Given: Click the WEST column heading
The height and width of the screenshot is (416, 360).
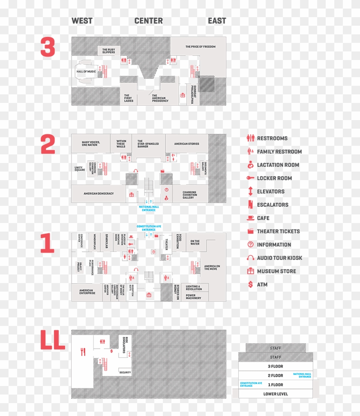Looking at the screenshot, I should [x=82, y=21].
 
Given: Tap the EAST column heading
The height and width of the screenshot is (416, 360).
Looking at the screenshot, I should [x=217, y=21].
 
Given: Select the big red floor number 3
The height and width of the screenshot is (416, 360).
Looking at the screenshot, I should [x=48, y=47].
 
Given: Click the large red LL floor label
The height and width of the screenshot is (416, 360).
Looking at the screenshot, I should [x=52, y=340].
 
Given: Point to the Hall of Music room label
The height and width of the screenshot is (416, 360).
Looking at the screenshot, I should [x=86, y=72].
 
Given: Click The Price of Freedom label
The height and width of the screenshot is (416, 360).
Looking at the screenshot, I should [x=200, y=46].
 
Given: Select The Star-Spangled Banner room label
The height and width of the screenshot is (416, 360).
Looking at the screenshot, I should [x=148, y=144].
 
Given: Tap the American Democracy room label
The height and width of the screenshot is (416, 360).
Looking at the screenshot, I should [x=99, y=193].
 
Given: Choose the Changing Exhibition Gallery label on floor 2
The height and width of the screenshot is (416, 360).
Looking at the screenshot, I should [x=189, y=195].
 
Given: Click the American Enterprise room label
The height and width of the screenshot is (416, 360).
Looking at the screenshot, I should [x=86, y=292].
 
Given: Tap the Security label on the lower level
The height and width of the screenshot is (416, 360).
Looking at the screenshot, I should [x=125, y=372].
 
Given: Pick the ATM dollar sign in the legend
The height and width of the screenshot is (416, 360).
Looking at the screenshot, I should [x=250, y=284].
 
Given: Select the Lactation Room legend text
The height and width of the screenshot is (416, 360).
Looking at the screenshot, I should [x=278, y=165].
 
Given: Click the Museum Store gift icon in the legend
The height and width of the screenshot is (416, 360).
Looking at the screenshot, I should [x=250, y=271].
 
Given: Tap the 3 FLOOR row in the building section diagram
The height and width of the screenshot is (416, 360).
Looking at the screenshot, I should [x=275, y=366].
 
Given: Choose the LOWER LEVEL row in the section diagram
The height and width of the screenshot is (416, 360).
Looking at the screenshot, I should [x=275, y=394].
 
